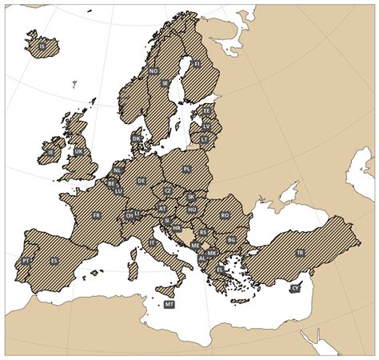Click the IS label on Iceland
click(42, 46)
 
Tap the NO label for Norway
click(153, 70)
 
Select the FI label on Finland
click(197, 63)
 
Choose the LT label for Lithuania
click(204, 138)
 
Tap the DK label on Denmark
click(136, 138)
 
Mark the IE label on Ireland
click(50, 151)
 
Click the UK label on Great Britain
click(78, 150)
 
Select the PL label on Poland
click(187, 170)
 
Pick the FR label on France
click(97, 215)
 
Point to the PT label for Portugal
click(26, 260)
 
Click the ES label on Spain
click(54, 261)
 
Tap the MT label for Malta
click(169, 305)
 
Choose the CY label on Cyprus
click(295, 287)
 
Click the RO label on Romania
click(225, 215)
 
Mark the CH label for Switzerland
click(130, 215)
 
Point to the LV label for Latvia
click(207, 126)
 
